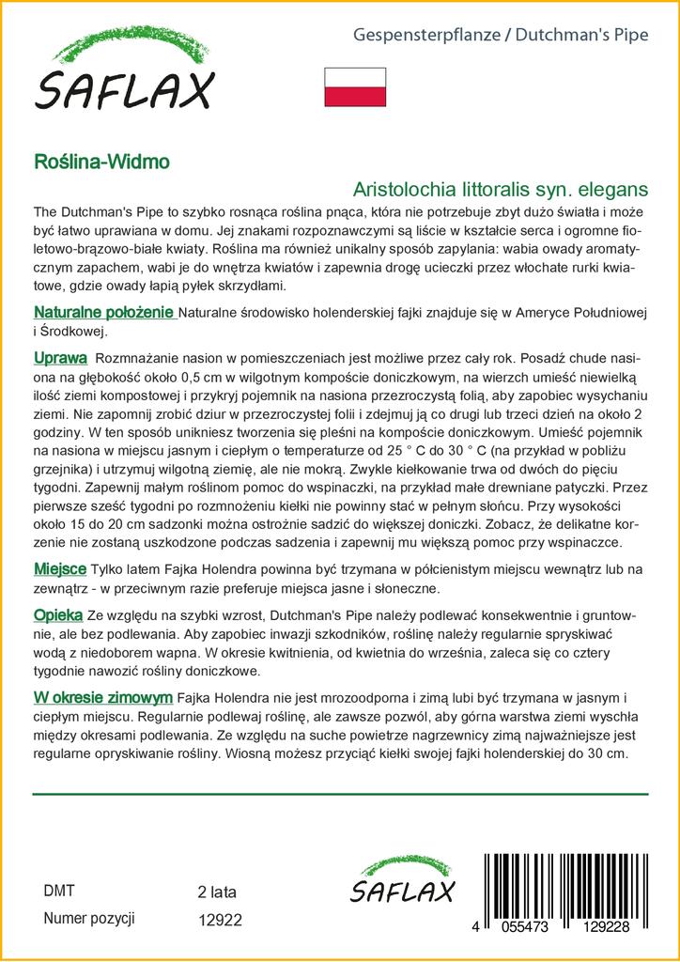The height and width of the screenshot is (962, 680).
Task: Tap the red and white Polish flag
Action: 355,86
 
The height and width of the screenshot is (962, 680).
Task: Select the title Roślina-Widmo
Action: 101,161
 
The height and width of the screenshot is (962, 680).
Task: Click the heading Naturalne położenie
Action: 104,312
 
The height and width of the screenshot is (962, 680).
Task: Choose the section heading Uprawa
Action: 61,359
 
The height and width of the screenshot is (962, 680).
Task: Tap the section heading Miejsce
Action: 61,569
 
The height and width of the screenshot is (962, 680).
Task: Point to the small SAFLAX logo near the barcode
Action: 402,882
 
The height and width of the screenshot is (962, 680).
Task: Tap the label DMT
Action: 59,891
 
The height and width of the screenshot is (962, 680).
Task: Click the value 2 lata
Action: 217,892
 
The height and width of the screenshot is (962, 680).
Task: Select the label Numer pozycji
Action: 90,919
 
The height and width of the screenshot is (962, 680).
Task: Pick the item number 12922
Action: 221,921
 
